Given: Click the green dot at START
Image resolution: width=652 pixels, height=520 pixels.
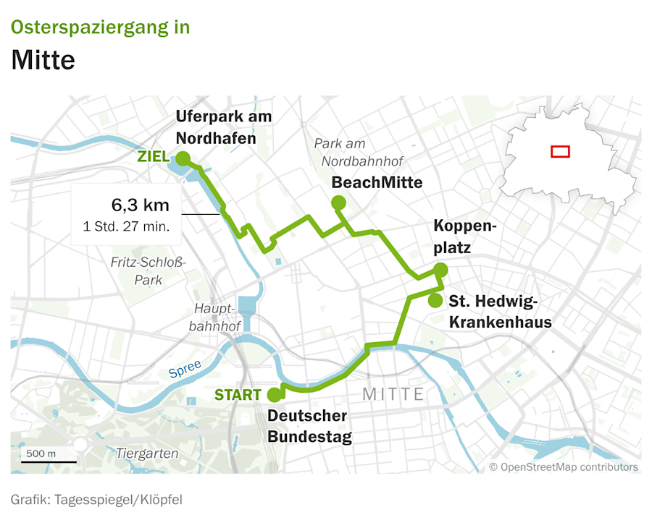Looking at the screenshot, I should click(275, 395).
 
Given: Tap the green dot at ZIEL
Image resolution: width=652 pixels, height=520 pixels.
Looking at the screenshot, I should click(183, 158).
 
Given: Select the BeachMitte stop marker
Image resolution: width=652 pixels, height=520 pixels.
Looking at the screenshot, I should click(338, 203).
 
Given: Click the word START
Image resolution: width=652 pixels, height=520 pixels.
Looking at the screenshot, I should click(238, 395).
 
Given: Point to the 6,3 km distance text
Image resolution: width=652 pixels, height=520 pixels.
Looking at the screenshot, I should click(141, 205).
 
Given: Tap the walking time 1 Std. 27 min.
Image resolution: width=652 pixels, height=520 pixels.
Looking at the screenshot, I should click(127, 226).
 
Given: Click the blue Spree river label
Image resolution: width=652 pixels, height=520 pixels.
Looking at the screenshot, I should click(184, 369).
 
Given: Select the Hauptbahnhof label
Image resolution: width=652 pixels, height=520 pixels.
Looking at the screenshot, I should click(214, 317).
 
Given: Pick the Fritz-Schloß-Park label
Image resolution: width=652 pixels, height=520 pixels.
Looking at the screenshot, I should click(149, 270).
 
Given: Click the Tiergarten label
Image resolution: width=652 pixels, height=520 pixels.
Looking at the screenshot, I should click(147, 453).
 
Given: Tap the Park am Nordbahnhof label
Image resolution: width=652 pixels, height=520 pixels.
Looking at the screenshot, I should click(359, 153).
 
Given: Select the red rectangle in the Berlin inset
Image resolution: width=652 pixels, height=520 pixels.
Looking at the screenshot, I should click(560, 151).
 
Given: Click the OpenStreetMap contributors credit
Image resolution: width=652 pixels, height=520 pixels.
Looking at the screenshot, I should click(564, 467).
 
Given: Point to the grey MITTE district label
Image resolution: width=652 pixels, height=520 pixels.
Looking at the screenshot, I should click(393, 394).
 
